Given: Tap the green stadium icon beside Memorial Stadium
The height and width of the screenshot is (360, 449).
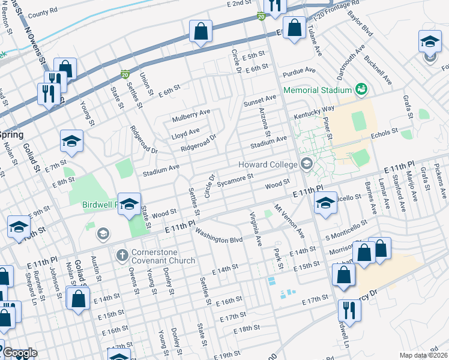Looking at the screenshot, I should (x=361, y=89).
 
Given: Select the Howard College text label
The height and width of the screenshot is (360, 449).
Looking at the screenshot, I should (x=268, y=164).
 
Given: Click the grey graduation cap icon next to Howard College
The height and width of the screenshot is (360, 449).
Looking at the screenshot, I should (x=307, y=164).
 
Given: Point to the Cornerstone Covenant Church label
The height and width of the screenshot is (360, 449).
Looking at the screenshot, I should (x=157, y=256).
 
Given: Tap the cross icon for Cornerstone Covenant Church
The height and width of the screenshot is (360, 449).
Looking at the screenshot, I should (x=121, y=256).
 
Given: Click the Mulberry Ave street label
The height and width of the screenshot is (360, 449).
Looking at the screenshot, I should (x=190, y=112).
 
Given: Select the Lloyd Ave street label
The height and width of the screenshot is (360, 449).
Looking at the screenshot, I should (x=185, y=131).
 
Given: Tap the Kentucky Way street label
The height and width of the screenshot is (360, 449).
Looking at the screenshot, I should (x=314, y=112).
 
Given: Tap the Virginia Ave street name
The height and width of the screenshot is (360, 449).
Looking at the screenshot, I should (x=255, y=229).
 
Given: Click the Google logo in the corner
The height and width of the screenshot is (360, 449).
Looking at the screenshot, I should (x=19, y=353).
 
